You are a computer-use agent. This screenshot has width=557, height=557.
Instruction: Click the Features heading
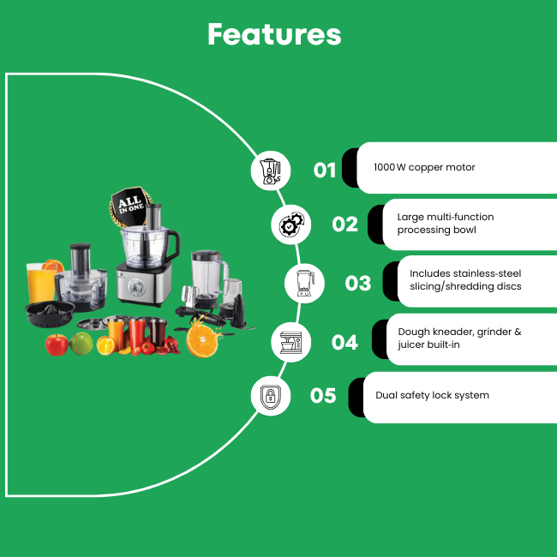click(x=274, y=34)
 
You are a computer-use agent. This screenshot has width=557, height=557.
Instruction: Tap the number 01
click(x=325, y=171)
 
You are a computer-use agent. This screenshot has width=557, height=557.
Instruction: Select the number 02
click(x=344, y=225)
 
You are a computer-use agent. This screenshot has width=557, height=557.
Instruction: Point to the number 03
click(x=357, y=283)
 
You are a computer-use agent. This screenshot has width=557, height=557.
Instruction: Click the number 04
click(x=344, y=343)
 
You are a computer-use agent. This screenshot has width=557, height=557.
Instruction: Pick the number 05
click(x=323, y=396)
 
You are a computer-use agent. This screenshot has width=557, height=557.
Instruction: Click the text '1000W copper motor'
click(x=424, y=167)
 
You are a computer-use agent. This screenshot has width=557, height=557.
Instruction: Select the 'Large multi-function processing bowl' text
click(x=446, y=223)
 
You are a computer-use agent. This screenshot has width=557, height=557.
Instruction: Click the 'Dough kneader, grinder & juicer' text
click(x=459, y=338)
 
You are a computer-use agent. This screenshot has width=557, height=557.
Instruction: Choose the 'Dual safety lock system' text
click(x=432, y=395)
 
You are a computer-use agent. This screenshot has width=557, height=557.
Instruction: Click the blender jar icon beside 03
click(x=304, y=283)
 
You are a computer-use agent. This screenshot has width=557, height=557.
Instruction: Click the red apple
click(x=57, y=344)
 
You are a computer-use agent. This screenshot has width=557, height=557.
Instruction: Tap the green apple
click(x=81, y=344)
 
